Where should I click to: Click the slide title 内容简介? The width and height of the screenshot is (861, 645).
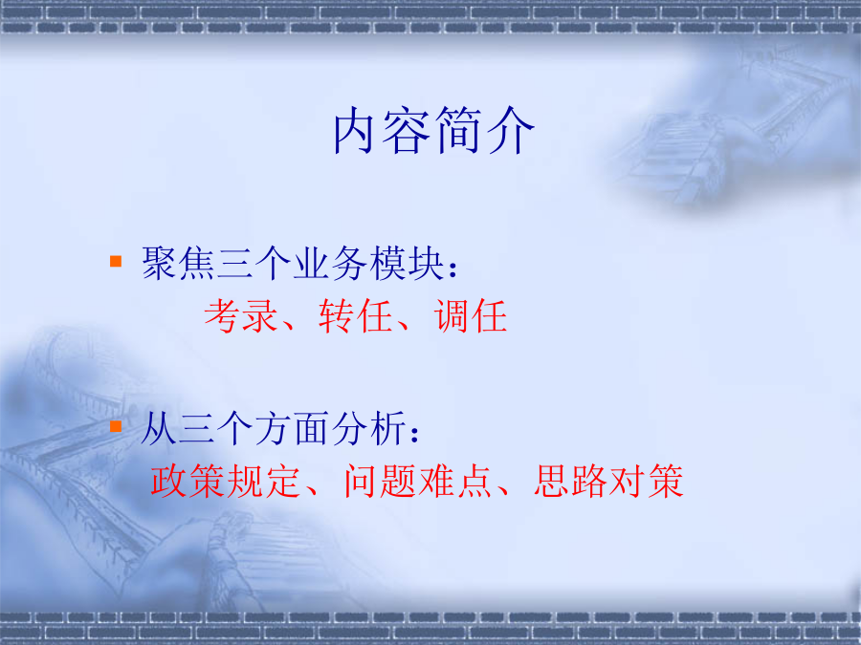point(433,130)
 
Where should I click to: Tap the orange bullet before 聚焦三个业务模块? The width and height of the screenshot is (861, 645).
point(116,261)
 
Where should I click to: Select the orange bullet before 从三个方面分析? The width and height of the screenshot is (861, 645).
point(116,426)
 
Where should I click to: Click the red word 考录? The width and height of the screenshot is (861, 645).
point(241,316)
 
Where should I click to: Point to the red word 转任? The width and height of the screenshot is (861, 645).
point(355,316)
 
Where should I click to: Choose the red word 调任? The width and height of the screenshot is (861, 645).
point(470,316)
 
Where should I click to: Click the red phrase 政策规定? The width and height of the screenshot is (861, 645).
point(225,481)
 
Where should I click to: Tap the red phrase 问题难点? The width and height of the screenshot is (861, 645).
point(417,481)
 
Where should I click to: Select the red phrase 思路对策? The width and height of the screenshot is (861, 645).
point(608,481)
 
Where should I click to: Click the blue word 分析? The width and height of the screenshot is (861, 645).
point(369,428)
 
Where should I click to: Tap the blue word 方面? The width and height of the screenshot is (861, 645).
point(293,428)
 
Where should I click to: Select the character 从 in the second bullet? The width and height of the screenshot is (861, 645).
point(159,428)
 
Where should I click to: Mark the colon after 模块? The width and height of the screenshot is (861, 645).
point(453,268)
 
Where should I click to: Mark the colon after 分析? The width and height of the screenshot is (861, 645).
point(415,433)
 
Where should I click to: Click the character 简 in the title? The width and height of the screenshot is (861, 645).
point(458,131)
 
